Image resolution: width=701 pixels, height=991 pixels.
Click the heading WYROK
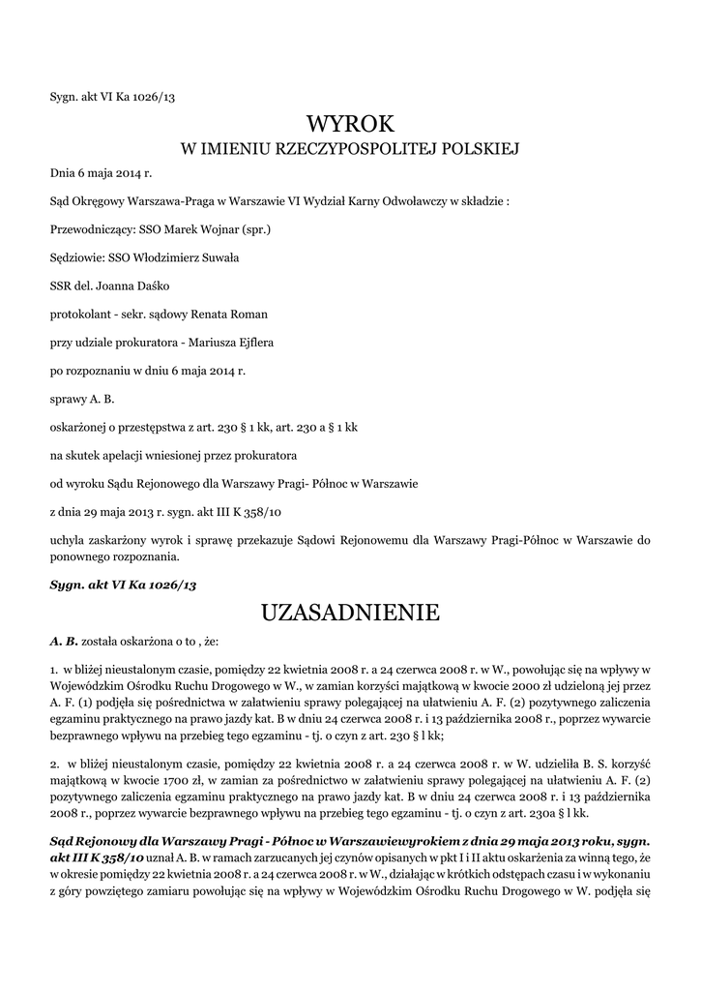point(350,124)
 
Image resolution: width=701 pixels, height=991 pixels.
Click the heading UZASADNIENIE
point(350,613)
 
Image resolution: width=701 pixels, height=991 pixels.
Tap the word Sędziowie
point(77,258)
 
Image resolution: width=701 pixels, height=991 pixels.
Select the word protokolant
point(79,315)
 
